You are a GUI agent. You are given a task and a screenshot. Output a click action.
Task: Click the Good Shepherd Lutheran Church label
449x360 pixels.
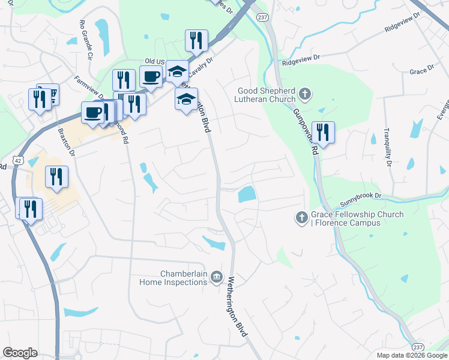coord(265,95)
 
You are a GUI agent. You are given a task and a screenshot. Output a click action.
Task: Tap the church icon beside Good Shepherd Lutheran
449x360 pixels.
coord(305,94)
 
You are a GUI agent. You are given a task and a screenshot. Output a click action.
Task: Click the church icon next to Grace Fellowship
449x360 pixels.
coord(302,218)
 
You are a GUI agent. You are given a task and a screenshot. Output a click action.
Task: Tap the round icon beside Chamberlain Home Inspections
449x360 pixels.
coord(216,278)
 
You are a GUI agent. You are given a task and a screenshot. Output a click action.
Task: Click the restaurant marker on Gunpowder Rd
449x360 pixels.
coord(323,133)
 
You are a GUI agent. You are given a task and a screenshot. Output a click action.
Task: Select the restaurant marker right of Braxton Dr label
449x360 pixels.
coord(56,176)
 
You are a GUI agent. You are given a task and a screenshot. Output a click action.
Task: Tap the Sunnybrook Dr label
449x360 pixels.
coord(361,196)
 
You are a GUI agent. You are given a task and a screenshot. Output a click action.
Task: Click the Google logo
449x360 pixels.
coord(20,352)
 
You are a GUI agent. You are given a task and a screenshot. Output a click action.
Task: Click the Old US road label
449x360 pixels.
coord(155,61)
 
